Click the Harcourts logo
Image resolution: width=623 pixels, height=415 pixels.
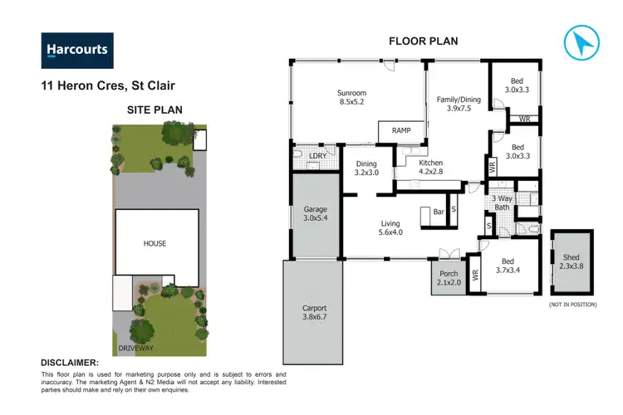coord(76,50)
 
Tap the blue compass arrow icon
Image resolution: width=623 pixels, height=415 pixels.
coord(581,42)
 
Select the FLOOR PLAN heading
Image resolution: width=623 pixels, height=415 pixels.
coord(424,41)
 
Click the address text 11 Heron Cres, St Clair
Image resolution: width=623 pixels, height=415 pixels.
coord(108,85)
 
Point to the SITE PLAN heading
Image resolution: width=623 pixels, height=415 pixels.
coord(155,110)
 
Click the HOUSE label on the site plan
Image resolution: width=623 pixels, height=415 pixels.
coord(155,243)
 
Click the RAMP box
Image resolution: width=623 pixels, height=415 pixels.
coord(401,130)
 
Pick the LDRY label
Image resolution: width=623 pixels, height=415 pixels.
coord(316,156)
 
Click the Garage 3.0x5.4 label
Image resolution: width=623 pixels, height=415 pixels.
coord(316,215)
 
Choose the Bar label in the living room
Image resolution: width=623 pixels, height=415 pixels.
coord(438,212)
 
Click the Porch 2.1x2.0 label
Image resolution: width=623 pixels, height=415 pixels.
coord(449,278)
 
